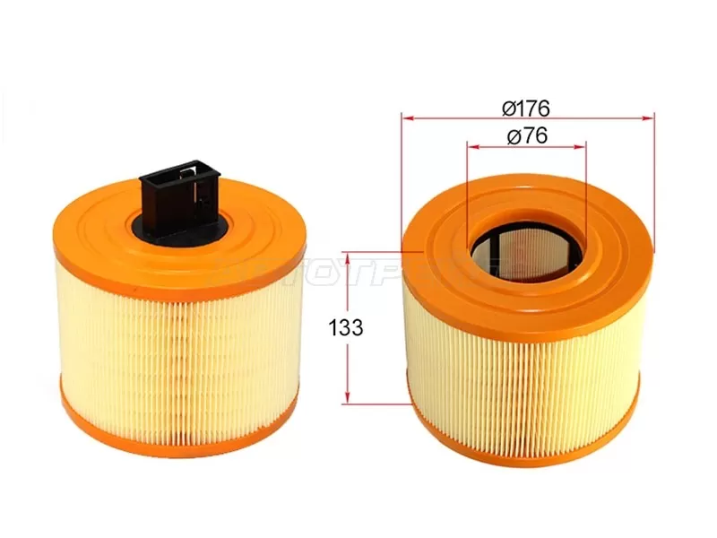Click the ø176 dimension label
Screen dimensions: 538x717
click(x=526, y=108)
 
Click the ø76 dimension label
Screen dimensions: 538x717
click(x=526, y=135)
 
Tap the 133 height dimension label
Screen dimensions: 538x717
click(x=346, y=328)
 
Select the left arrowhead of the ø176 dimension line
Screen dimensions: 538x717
click(x=406, y=117)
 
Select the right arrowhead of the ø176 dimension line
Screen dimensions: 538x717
click(x=652, y=117)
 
